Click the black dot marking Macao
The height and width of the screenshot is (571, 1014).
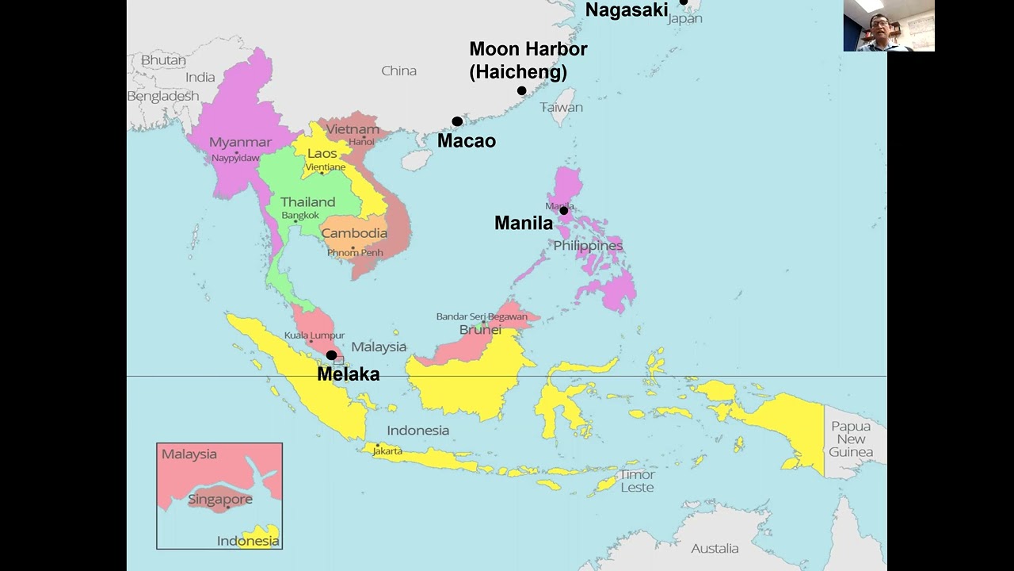point(457,121)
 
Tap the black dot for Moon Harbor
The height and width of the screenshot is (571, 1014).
point(521,90)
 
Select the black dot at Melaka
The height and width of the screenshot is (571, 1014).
point(331,355)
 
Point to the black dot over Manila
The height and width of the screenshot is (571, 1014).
point(564,211)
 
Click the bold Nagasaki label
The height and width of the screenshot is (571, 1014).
point(627,10)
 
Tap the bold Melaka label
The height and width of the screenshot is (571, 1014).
point(348,374)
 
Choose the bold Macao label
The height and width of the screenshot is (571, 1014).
point(467,141)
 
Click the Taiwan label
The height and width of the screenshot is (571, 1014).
point(562,107)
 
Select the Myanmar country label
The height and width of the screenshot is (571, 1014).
point(240,143)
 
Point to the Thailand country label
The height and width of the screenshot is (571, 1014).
point(307,202)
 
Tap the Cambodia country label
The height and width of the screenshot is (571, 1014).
point(354,233)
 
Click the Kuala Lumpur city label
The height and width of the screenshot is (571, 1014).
point(314,335)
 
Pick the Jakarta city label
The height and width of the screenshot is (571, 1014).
point(387,451)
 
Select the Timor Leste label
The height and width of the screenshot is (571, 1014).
point(637,481)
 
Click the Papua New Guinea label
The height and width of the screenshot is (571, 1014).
point(851,439)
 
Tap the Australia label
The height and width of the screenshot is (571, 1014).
point(715,548)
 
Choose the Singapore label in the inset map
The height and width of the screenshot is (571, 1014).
point(220,500)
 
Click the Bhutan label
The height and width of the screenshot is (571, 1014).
point(163,60)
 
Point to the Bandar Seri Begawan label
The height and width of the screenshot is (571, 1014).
point(482,316)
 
